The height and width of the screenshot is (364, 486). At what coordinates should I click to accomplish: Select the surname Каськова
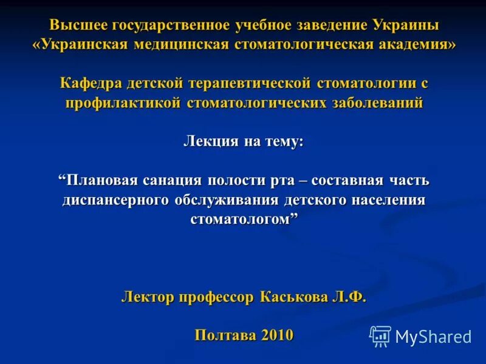tap(293, 297)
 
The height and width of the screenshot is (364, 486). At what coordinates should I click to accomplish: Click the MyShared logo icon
tap(380, 336)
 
